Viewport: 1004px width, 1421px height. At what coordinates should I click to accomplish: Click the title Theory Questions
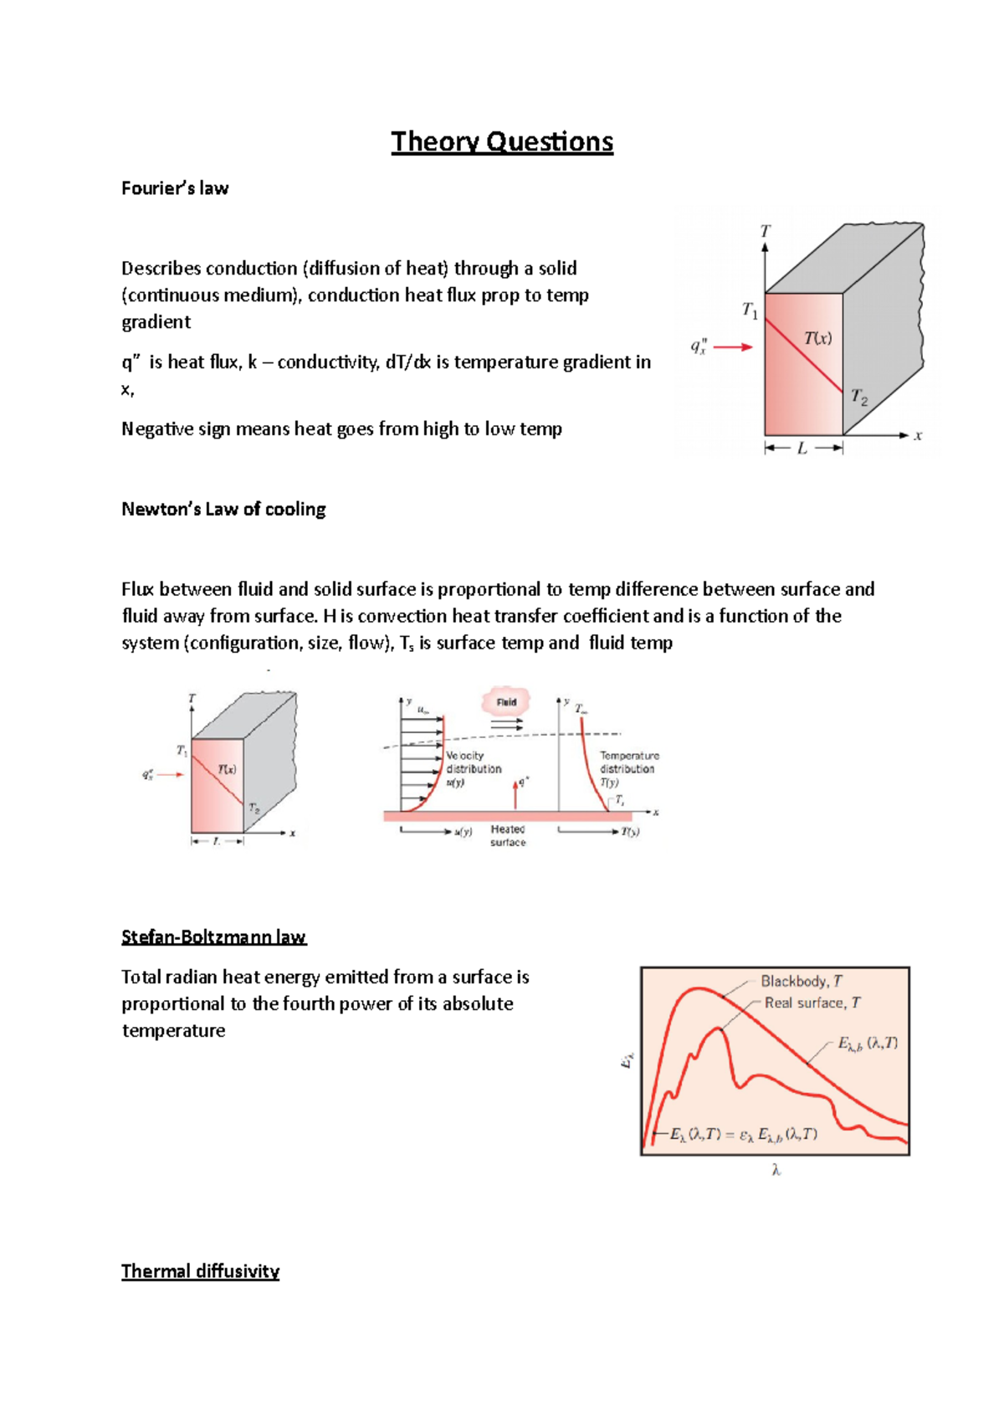pyautogui.click(x=502, y=141)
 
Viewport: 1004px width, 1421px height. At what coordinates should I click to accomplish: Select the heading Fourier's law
pyautogui.click(x=175, y=188)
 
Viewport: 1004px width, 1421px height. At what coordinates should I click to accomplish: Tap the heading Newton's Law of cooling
pyautogui.click(x=223, y=509)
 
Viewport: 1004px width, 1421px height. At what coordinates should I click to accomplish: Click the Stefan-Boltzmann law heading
pyautogui.click(x=213, y=936)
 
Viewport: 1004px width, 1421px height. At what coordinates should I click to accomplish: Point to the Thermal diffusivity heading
pyautogui.click(x=200, y=1271)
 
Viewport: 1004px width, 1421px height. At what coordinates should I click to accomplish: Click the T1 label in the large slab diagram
pyautogui.click(x=750, y=310)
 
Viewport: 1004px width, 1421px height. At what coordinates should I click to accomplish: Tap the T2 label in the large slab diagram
pyautogui.click(x=859, y=397)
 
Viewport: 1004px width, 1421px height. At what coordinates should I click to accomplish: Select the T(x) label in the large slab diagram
pyautogui.click(x=817, y=338)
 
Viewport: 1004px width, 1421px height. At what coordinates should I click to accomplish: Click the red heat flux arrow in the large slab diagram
pyautogui.click(x=733, y=347)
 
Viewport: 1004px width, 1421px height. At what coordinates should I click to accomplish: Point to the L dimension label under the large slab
pyautogui.click(x=802, y=449)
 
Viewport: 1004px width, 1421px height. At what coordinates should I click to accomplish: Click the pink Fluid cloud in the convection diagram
pyautogui.click(x=506, y=702)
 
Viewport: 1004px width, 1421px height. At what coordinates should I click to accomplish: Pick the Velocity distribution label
pyautogui.click(x=473, y=762)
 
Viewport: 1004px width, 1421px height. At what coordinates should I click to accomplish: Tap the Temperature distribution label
pyautogui.click(x=628, y=762)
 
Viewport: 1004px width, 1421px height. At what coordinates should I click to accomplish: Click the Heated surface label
pyautogui.click(x=508, y=835)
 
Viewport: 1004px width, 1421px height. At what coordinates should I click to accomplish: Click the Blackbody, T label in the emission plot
pyautogui.click(x=801, y=981)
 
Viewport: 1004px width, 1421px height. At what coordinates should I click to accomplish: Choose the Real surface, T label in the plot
pyautogui.click(x=812, y=1003)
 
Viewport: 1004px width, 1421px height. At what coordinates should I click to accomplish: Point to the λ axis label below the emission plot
pyautogui.click(x=776, y=1171)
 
